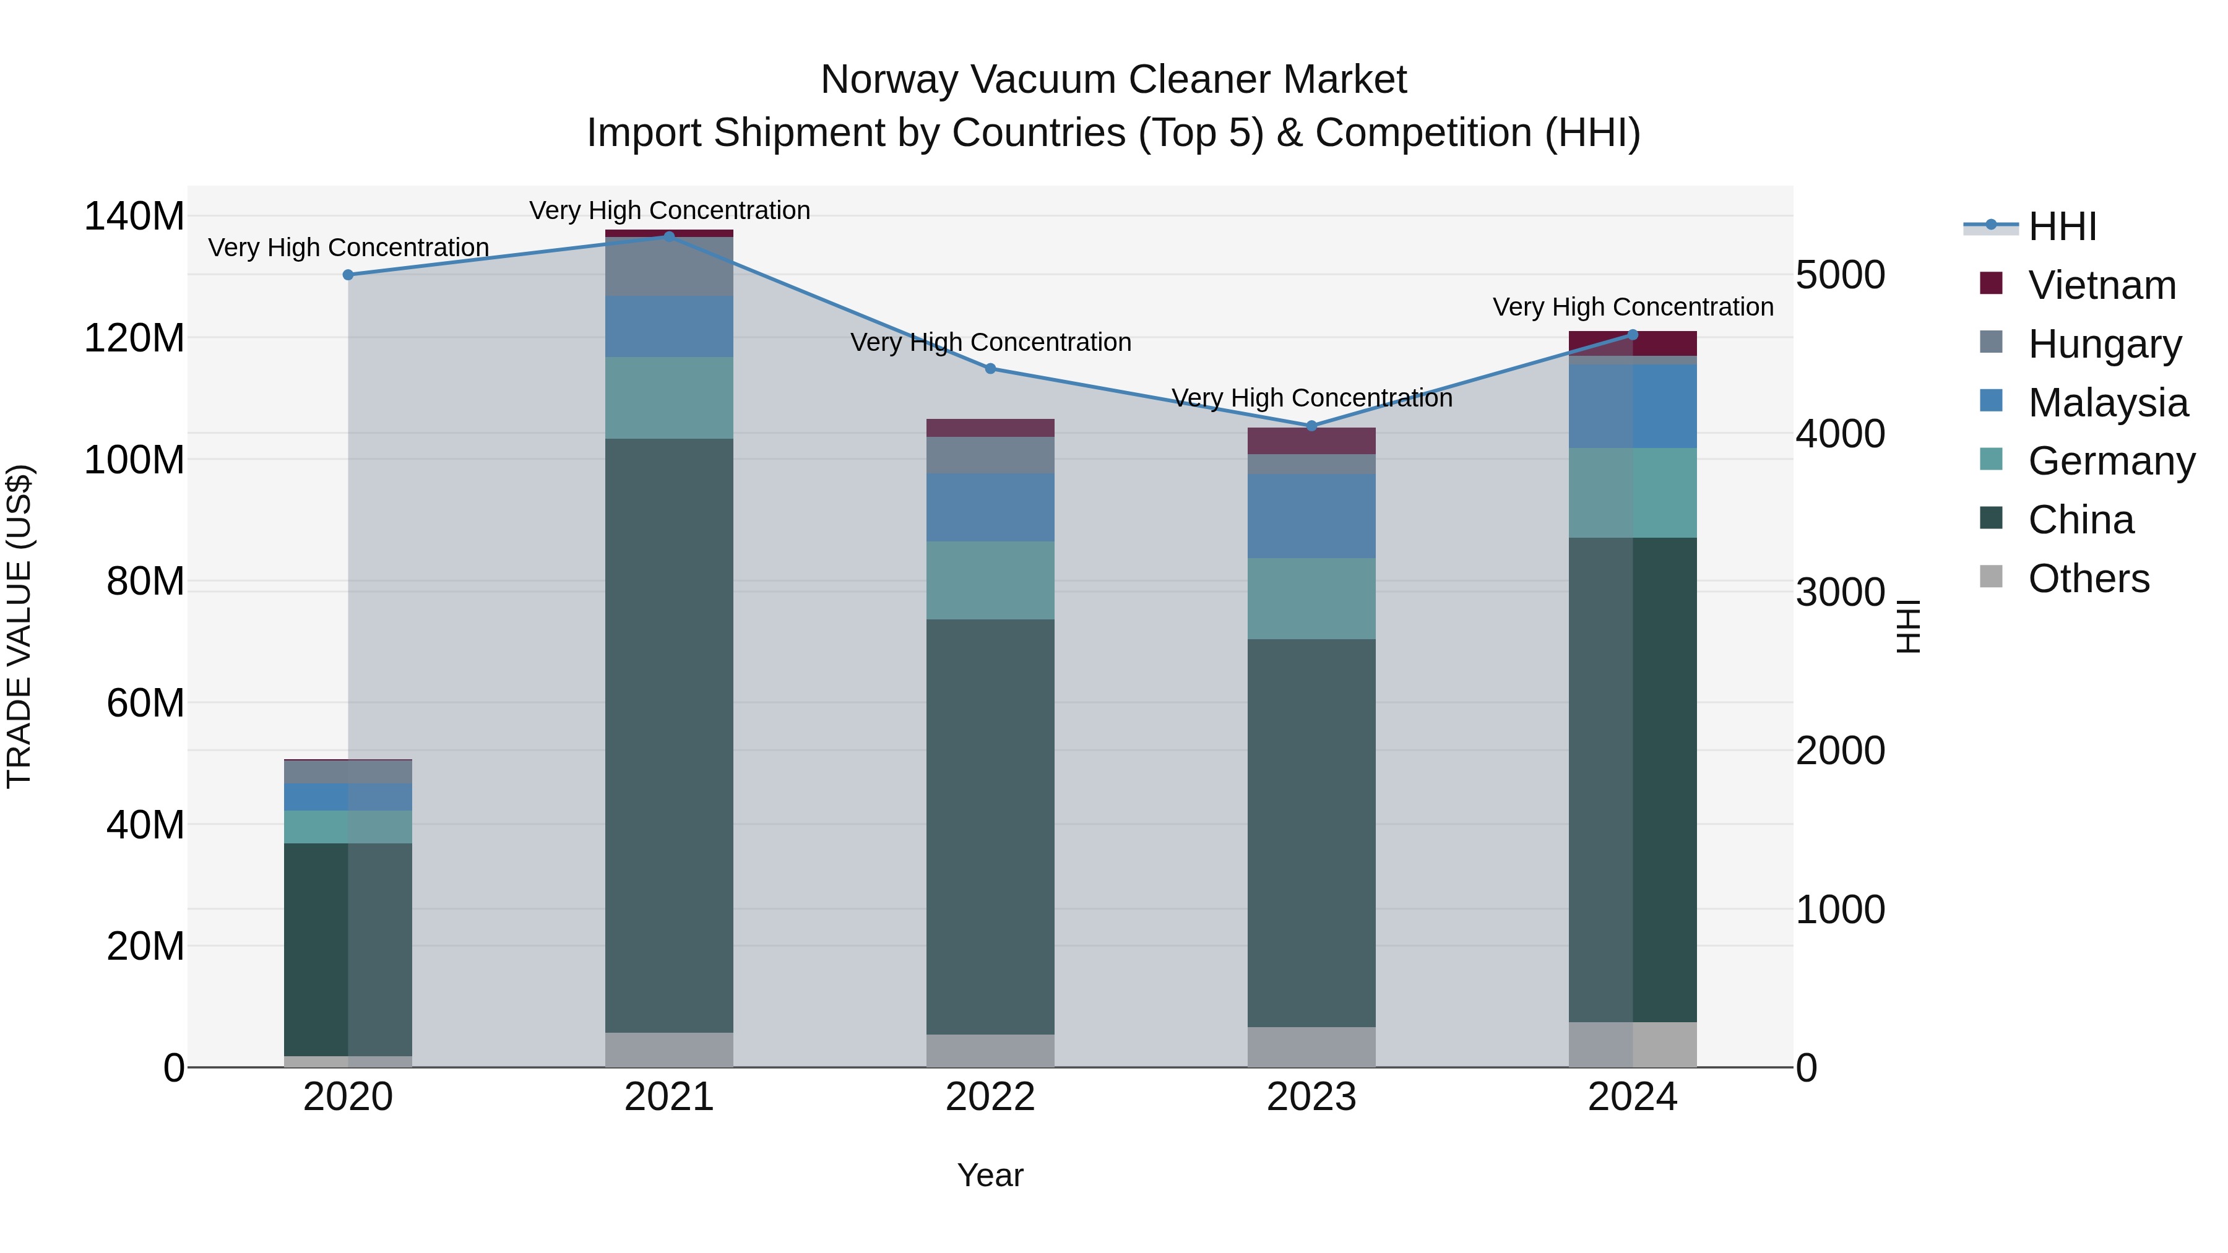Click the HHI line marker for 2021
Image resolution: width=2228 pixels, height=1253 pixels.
[668, 236]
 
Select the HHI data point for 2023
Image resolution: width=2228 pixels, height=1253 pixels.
[1311, 426]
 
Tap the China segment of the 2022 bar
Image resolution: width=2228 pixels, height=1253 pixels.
[990, 826]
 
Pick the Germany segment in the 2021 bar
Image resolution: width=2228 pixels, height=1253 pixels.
[668, 398]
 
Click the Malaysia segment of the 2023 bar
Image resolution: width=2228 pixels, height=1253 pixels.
[1311, 515]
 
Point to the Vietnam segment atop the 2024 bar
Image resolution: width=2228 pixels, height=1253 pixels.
[1633, 343]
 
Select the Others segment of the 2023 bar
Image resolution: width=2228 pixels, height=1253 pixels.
[1311, 1046]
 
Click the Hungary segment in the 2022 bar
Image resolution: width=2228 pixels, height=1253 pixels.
[990, 455]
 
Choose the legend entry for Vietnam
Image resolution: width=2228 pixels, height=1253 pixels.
[2102, 285]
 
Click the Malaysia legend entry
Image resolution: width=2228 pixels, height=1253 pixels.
[2108, 403]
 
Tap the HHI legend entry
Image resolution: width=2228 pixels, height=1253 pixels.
[2062, 226]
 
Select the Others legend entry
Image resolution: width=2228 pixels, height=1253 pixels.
[2088, 579]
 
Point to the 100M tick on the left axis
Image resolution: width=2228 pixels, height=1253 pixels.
[134, 460]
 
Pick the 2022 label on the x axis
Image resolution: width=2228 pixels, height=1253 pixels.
[990, 1097]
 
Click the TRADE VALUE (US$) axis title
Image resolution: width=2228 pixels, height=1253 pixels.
[19, 626]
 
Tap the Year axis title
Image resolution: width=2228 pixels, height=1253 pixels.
[990, 1175]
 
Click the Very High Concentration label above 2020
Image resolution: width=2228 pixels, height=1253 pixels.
[348, 248]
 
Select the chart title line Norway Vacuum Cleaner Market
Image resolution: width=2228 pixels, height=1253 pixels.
[1113, 80]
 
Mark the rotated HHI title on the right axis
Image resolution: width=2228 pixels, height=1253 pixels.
[1908, 626]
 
